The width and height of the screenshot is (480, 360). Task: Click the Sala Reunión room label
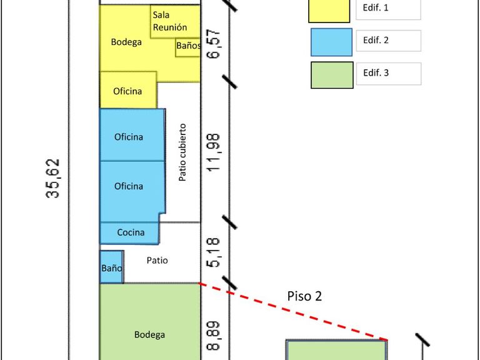(169, 21)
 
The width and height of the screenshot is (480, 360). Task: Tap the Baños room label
(188, 46)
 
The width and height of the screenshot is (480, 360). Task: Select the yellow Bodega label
(126, 42)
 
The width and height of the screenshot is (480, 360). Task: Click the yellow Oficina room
(127, 91)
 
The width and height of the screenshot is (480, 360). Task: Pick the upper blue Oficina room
(129, 137)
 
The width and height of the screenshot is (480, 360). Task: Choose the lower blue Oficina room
(129, 186)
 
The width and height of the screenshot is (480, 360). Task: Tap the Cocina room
(131, 232)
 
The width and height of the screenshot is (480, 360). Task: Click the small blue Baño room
(111, 267)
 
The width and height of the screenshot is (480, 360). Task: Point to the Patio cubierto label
(182, 152)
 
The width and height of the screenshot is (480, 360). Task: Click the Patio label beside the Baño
(157, 261)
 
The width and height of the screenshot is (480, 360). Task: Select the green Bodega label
(150, 334)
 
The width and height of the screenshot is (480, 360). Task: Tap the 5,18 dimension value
(215, 254)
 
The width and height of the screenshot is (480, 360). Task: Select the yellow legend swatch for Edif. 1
(329, 9)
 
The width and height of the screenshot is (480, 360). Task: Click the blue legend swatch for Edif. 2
(332, 41)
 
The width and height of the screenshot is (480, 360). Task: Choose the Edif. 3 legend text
(376, 73)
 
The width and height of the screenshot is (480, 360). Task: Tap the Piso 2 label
(304, 296)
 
